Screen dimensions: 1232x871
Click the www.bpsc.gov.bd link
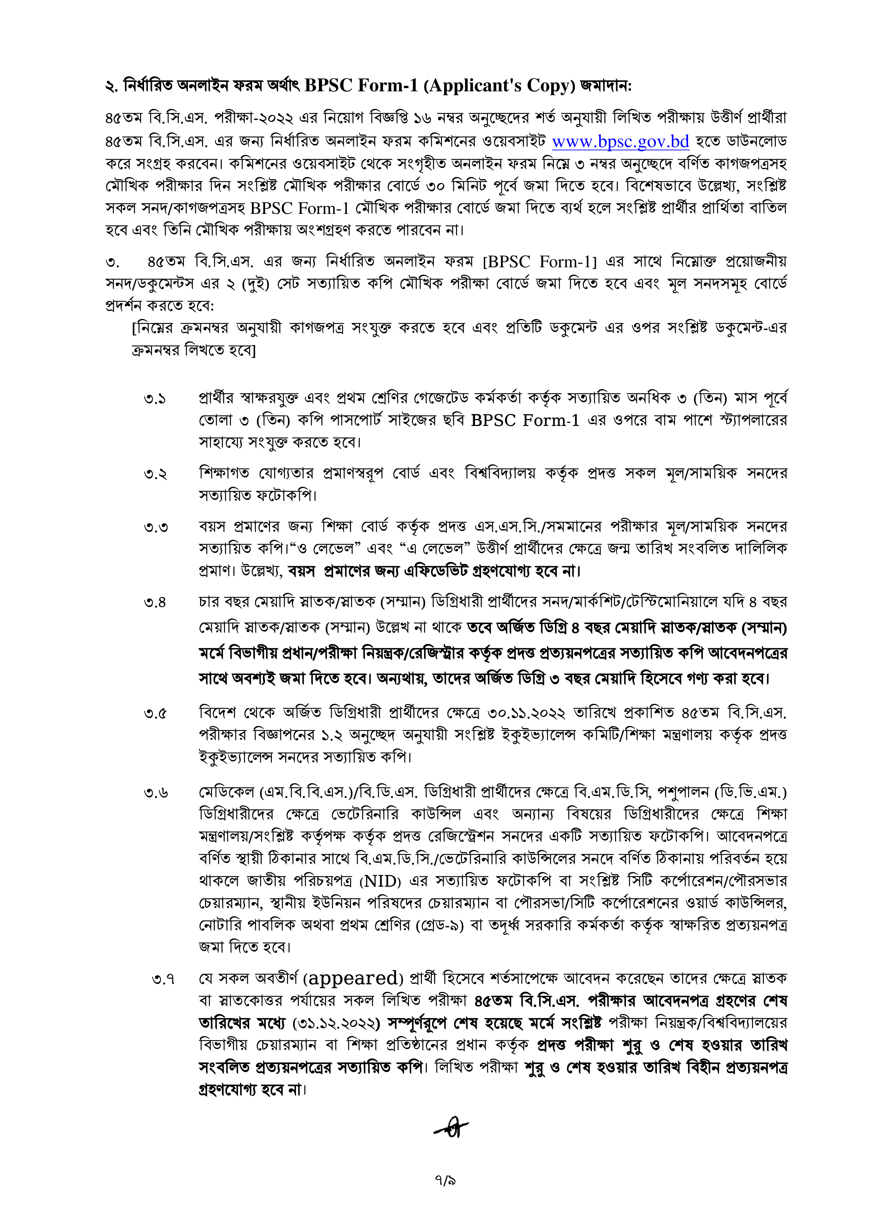[621, 142]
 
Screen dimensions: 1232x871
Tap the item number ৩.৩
[156, 527]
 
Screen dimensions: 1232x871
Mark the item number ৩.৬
[156, 793]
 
